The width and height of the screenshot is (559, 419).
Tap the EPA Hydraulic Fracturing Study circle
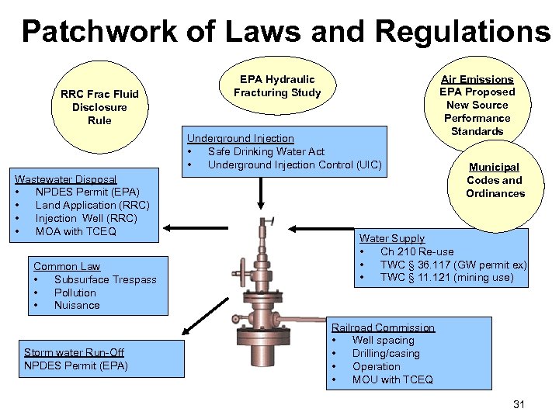[x=277, y=87]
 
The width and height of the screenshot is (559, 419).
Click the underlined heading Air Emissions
[x=477, y=79]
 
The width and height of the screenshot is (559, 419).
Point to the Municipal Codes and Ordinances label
[x=495, y=180]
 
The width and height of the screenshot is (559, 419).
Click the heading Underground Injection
[x=240, y=138]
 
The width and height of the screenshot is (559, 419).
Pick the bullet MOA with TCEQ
[x=76, y=231]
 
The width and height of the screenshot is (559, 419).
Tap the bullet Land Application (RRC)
[x=92, y=205]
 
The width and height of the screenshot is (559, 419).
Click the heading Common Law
[x=67, y=266]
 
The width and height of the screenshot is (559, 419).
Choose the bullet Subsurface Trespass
[x=105, y=279]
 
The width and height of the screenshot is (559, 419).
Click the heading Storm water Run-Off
[x=74, y=352]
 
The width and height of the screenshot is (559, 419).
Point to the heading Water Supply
[x=391, y=238]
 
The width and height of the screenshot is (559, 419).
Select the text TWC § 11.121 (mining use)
[x=446, y=277]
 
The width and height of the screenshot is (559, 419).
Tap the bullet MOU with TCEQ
[x=392, y=379]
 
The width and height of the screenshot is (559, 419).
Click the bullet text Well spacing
[x=383, y=340]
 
